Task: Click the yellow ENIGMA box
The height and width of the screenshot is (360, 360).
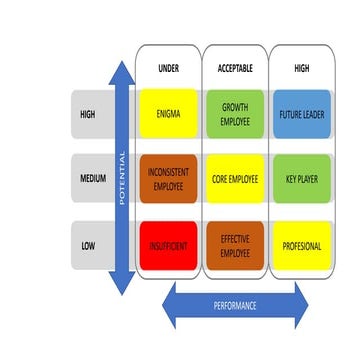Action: coord(168,116)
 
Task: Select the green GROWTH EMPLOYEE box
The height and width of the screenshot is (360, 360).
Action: coord(235,116)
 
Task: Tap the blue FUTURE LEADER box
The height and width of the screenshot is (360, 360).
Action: coord(302,116)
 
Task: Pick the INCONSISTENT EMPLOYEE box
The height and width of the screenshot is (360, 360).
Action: coord(168,180)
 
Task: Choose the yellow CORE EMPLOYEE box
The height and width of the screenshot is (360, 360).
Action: coord(235,180)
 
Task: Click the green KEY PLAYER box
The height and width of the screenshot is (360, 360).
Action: coord(302,180)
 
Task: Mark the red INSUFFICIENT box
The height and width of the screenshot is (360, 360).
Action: coord(168,244)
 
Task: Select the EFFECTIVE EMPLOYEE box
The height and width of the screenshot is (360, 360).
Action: coord(235,244)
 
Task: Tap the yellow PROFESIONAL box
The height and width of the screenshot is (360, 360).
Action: coord(302,244)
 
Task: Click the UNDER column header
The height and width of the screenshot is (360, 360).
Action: coord(168,67)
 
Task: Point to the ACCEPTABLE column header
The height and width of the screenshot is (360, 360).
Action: coord(235,67)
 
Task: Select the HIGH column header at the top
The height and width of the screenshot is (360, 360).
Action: coord(302,67)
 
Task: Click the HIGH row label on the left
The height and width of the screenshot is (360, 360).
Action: coord(87,115)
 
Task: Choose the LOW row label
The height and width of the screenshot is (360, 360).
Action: coord(87,245)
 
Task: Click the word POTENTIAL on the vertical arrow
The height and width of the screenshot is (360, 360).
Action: coord(122,178)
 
